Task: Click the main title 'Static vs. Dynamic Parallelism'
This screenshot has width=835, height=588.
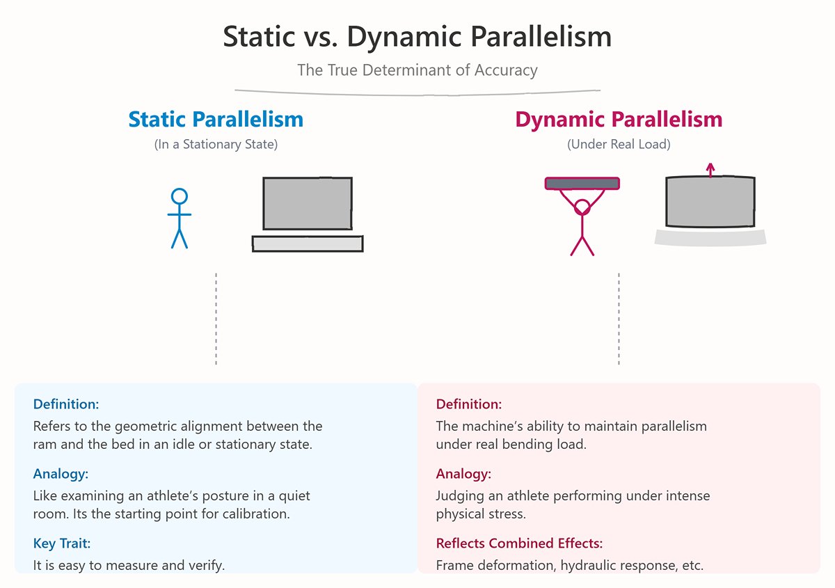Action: [417, 37]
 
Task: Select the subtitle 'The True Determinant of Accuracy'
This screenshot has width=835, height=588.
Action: [417, 70]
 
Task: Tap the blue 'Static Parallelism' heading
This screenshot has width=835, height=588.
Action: [216, 119]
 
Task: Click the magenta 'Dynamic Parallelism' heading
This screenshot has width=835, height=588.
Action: [619, 119]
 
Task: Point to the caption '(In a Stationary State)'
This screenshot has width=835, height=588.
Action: [216, 145]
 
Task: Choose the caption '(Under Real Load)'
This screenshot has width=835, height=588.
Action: [619, 145]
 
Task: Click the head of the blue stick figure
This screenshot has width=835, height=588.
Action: [180, 196]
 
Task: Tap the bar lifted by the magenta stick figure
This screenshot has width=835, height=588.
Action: [582, 184]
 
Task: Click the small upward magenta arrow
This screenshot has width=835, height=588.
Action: [710, 170]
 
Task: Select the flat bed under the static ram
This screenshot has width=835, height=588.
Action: [307, 244]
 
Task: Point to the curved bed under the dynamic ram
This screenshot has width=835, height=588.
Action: [710, 237]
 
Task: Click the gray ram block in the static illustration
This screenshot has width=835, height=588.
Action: [307, 203]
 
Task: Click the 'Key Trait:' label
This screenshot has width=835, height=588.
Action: [62, 543]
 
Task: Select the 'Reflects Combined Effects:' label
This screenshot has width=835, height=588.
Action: [519, 543]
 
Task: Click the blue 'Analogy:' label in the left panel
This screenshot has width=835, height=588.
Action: [61, 474]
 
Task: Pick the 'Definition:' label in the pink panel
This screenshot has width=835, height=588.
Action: [468, 404]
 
